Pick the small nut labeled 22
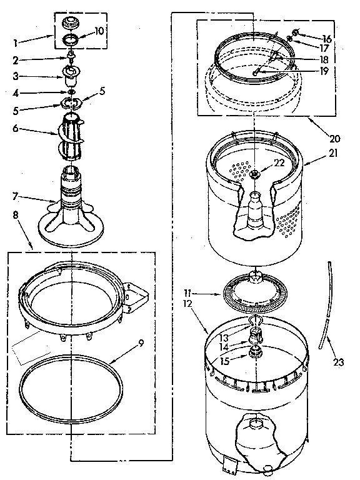[255, 174]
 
